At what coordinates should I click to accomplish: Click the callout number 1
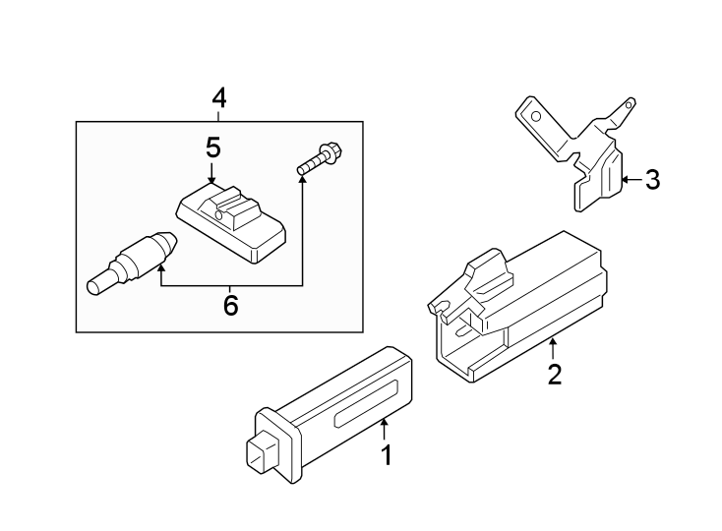(387, 455)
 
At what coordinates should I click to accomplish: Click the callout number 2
(555, 375)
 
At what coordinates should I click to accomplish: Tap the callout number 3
(652, 180)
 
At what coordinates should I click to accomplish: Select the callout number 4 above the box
(218, 97)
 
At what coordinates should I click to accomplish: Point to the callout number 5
(212, 147)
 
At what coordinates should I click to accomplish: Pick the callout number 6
(230, 306)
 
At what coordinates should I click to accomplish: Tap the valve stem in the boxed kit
(132, 262)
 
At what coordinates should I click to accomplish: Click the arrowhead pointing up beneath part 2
(554, 343)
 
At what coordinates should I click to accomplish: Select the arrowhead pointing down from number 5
(212, 178)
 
